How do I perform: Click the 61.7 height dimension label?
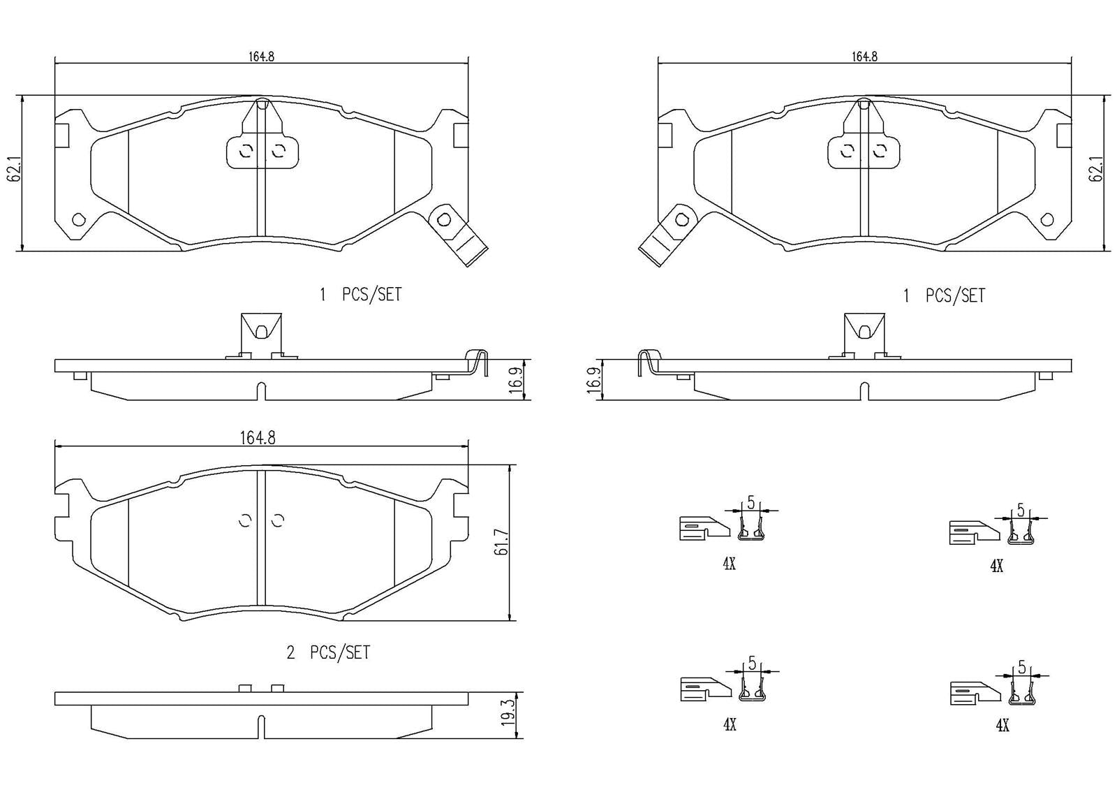pos(500,542)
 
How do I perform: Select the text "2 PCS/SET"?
pos(328,652)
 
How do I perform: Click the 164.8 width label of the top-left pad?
pos(261,57)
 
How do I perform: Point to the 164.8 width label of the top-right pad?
pos(864,57)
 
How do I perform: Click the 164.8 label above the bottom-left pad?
pos(258,438)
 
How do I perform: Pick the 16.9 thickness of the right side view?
pos(594,381)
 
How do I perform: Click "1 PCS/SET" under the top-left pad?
pos(361,295)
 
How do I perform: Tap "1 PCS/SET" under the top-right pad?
pos(945,295)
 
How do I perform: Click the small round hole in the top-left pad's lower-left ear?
pos(78,220)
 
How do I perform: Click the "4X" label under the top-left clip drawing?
pos(729,564)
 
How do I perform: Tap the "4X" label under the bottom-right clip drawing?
pos(1002,726)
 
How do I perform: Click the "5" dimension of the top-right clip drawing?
pos(1021,510)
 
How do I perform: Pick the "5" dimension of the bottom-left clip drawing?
pos(752,661)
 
